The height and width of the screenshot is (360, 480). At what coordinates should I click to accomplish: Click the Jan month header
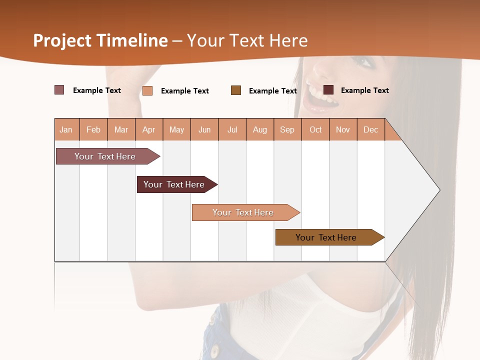pos(66,129)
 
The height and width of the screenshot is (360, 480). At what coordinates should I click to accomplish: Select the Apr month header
pos(149,129)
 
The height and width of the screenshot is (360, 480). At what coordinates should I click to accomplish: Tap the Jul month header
pos(232,129)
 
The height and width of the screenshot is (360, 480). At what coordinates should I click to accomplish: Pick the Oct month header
pos(315,129)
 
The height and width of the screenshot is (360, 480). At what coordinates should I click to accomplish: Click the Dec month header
pos(370,129)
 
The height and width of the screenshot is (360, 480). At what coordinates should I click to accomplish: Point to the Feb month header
pos(93,129)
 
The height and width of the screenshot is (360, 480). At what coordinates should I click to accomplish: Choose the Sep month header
pos(287,129)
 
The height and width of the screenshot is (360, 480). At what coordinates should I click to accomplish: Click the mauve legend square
pos(59,90)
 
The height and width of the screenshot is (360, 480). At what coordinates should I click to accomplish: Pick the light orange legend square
pos(147,90)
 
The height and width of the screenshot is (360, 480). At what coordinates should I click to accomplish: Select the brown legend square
pos(236,90)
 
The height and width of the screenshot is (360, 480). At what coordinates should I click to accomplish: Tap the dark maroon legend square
pos(328,90)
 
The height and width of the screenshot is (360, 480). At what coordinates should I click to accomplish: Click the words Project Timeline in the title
pos(100,40)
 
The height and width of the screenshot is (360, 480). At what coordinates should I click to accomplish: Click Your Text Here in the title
pos(247,40)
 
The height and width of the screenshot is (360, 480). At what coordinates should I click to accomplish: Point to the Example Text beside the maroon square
pos(364,90)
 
